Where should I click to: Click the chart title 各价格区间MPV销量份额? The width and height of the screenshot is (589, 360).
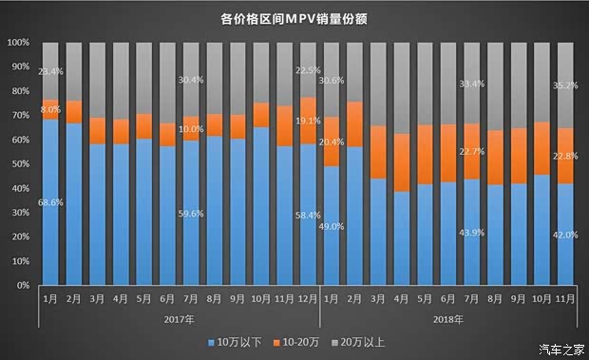[294, 17]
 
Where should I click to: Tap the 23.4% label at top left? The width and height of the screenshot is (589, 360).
[51, 71]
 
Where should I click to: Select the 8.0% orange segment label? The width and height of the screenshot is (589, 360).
[51, 109]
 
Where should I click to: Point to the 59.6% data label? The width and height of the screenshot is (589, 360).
[191, 214]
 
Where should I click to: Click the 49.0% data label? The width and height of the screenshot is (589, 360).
[332, 226]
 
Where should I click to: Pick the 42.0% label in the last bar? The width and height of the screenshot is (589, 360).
[564, 236]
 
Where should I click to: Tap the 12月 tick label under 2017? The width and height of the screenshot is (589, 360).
[307, 299]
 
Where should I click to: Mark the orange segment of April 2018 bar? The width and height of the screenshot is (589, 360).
[401, 162]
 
